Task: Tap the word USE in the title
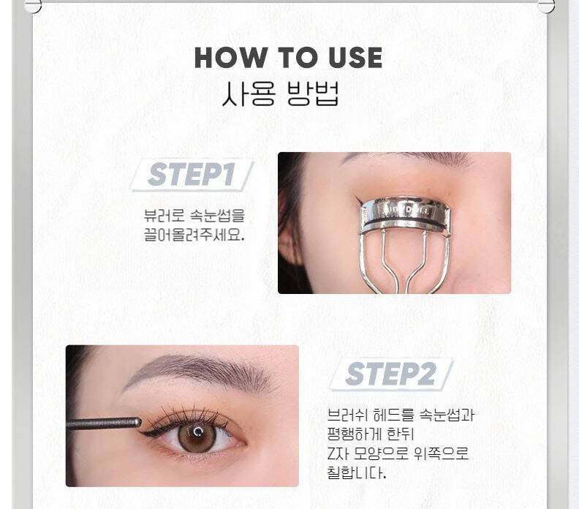[355, 58]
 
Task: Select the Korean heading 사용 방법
[280, 94]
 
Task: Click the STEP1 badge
[192, 174]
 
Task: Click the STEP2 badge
[391, 374]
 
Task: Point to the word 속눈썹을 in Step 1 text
[218, 216]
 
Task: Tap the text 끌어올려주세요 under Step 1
[194, 235]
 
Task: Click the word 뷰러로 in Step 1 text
[164, 216]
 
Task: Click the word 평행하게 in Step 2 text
[354, 434]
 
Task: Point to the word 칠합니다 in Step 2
[356, 472]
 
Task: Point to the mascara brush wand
[103, 423]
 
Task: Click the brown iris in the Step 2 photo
[197, 436]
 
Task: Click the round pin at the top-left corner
[32, 7]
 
